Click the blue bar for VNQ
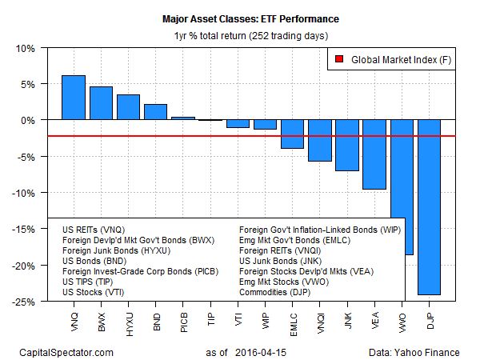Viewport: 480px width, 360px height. [74, 98]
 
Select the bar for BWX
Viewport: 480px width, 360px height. [101, 103]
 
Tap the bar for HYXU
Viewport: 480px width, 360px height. [128, 107]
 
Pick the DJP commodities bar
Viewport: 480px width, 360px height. [429, 207]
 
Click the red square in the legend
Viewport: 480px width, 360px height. [339, 59]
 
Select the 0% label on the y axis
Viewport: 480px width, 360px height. [27, 120]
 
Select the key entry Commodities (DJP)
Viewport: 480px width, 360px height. [277, 293]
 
